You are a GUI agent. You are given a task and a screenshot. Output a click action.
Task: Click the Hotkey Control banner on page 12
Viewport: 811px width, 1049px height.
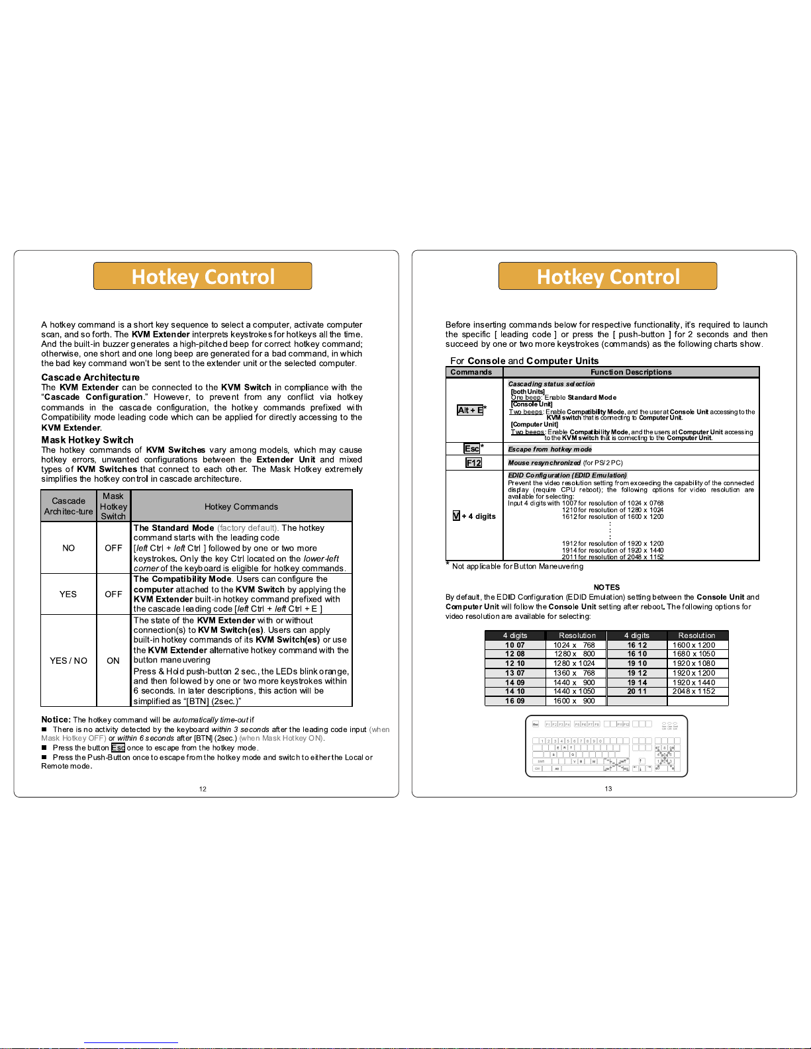[x=203, y=276]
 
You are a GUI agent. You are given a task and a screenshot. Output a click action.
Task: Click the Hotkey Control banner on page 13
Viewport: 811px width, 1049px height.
[x=608, y=276]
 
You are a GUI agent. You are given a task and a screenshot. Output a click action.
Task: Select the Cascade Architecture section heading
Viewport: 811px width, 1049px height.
[x=91, y=377]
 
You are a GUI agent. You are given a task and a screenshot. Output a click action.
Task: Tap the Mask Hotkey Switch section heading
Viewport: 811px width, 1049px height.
[x=87, y=439]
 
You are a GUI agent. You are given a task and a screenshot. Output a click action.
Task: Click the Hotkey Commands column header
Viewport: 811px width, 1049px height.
[x=241, y=506]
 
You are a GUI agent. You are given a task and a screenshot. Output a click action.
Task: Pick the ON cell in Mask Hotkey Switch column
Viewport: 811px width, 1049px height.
[x=113, y=661]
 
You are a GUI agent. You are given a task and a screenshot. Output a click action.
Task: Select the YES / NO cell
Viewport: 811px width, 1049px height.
[x=68, y=661]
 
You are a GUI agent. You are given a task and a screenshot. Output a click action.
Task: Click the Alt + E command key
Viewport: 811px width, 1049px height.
[x=470, y=410]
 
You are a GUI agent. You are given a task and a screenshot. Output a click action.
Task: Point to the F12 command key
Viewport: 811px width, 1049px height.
[x=474, y=463]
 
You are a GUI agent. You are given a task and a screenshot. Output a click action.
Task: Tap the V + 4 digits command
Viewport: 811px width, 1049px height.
[x=474, y=516]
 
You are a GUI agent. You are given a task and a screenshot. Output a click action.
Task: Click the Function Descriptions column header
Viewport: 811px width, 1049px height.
[x=631, y=372]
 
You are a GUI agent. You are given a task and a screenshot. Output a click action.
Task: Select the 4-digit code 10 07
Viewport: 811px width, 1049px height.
[x=514, y=645]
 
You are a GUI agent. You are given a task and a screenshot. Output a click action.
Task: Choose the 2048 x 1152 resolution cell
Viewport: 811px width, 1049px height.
[x=694, y=691]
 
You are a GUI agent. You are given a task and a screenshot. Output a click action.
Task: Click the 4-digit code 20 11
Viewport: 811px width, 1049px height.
[x=637, y=691]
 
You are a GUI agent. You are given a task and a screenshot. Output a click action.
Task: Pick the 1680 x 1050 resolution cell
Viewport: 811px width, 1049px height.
[x=694, y=654]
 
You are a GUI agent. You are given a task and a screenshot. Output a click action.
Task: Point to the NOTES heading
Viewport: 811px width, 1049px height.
[x=606, y=587]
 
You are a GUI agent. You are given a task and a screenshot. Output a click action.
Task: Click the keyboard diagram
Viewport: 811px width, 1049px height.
[x=606, y=746]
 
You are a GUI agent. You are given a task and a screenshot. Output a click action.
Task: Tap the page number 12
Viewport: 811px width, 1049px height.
[x=203, y=788]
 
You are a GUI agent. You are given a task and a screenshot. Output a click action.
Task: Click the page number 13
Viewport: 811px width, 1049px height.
[x=608, y=788]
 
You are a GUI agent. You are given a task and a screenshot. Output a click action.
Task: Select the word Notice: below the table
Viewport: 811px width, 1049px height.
[x=56, y=719]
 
